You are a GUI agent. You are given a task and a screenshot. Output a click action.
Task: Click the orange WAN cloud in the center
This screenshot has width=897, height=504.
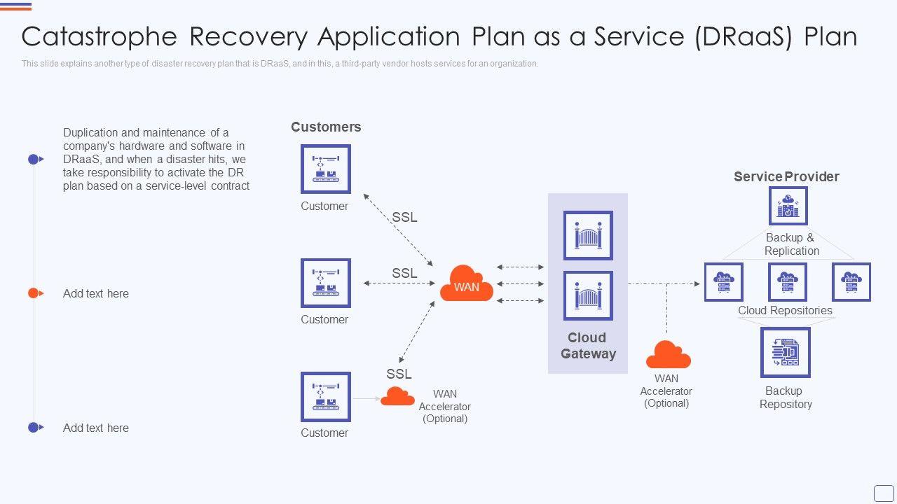coord(466,283)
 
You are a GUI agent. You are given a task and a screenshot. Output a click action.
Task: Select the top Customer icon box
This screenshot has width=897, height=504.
coord(325,169)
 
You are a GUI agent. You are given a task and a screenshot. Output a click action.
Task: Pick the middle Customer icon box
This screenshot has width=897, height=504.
coord(325,283)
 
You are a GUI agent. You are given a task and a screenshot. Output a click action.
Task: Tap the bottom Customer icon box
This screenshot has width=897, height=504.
coord(325,396)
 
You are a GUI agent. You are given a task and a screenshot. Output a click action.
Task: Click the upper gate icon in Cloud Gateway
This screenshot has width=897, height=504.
coord(588,235)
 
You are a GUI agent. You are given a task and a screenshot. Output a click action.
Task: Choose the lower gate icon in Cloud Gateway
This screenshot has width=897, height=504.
coord(588,295)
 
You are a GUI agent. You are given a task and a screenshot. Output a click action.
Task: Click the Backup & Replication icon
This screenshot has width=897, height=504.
coord(788,206)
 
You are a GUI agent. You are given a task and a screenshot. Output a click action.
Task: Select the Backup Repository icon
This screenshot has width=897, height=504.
coord(785,352)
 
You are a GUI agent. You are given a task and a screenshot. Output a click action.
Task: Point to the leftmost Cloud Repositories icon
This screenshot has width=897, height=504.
coord(723,282)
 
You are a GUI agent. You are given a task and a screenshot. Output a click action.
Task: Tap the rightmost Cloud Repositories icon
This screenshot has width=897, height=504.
coord(851,282)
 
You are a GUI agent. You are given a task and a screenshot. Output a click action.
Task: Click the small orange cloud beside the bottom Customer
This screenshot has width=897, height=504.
coord(397,396)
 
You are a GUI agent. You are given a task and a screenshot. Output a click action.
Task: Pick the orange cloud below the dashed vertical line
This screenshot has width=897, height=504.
coord(668,355)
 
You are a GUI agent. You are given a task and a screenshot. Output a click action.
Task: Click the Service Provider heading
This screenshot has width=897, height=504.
coord(786,176)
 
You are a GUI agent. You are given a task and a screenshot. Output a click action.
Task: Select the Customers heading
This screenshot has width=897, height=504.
coord(326,127)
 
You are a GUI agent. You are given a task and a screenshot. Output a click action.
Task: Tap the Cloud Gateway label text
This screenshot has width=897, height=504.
coord(588,345)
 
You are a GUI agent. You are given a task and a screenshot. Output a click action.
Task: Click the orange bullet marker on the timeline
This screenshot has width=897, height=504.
coord(33,293)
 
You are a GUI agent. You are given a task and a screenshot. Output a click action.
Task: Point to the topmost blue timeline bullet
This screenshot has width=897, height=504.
coord(33,160)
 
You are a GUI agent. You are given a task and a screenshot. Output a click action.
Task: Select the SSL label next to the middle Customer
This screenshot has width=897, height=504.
coord(404,273)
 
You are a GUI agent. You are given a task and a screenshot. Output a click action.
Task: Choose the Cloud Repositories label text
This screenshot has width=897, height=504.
coord(785,310)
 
